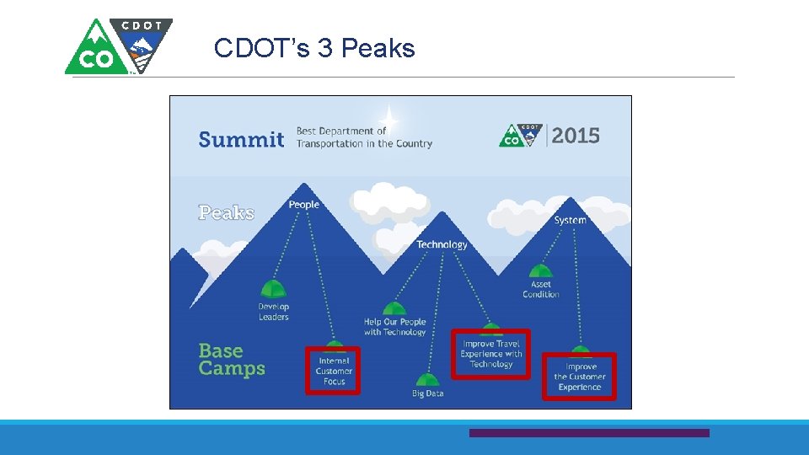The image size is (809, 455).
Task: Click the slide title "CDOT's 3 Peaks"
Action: pyautogui.click(x=314, y=48)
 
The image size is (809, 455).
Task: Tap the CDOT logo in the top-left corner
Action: pyautogui.click(x=119, y=46)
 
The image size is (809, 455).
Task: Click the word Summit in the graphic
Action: pyautogui.click(x=241, y=139)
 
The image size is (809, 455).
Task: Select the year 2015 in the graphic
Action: pyautogui.click(x=576, y=135)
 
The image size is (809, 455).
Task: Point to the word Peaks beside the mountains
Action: pyautogui.click(x=227, y=212)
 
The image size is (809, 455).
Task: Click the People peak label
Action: pyautogui.click(x=304, y=205)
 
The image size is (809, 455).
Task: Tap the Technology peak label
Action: pyautogui.click(x=442, y=244)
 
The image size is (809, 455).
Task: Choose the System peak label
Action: pyautogui.click(x=570, y=220)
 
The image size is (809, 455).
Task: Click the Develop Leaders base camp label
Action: pyautogui.click(x=274, y=312)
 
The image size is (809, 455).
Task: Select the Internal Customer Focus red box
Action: pyautogui.click(x=333, y=371)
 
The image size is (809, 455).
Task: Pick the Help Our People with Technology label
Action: pyautogui.click(x=395, y=327)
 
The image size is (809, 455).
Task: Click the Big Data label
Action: pyautogui.click(x=428, y=393)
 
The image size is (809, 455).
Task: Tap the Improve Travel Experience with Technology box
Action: pyautogui.click(x=491, y=354)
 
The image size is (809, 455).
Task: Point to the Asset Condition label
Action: pyautogui.click(x=541, y=289)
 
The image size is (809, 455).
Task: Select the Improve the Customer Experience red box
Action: pyautogui.click(x=580, y=377)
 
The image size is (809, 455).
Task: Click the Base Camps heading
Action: pyautogui.click(x=232, y=360)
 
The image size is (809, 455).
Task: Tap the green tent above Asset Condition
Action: pyautogui.click(x=541, y=271)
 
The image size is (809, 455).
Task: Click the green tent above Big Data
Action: pyautogui.click(x=428, y=380)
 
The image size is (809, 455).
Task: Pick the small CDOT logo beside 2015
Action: pyautogui.click(x=520, y=135)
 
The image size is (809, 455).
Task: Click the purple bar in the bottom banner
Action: pyautogui.click(x=589, y=433)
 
